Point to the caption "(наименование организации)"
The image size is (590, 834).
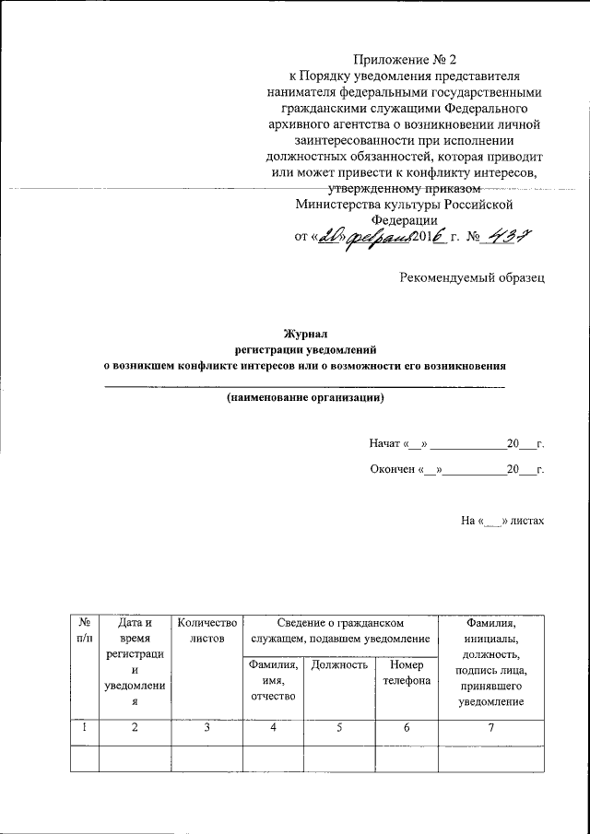coord(305,398)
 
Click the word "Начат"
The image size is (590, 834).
coord(383,444)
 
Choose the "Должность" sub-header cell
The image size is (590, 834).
coord(340,664)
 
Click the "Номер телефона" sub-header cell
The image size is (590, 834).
coord(406,673)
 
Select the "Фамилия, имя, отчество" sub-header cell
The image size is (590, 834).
coord(272,680)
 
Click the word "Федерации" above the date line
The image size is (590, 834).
coord(405,220)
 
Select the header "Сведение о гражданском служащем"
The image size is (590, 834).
coord(340,631)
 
